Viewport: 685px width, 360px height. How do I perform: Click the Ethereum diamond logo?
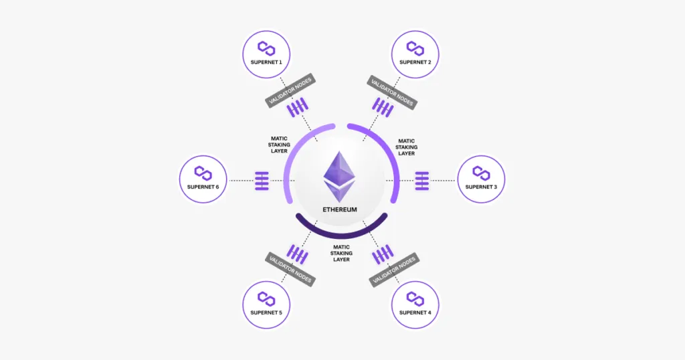(x=339, y=177)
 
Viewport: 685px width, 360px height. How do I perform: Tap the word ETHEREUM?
(x=340, y=209)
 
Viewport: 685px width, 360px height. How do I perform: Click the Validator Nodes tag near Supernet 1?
(x=290, y=90)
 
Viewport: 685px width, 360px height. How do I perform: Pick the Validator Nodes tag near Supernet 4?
(x=394, y=270)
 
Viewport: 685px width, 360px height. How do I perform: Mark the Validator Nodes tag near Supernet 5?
(x=290, y=269)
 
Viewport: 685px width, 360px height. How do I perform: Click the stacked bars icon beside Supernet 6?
(x=262, y=181)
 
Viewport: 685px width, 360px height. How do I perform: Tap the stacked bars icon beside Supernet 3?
(x=422, y=181)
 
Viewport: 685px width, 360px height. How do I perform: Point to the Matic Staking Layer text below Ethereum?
(x=341, y=254)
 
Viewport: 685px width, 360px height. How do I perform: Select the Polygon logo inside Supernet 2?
(x=415, y=48)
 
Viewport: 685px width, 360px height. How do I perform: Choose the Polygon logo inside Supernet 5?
(x=266, y=298)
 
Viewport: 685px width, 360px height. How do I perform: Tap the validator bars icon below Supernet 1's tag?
(x=298, y=108)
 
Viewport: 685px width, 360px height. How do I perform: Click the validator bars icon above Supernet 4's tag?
(x=383, y=254)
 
